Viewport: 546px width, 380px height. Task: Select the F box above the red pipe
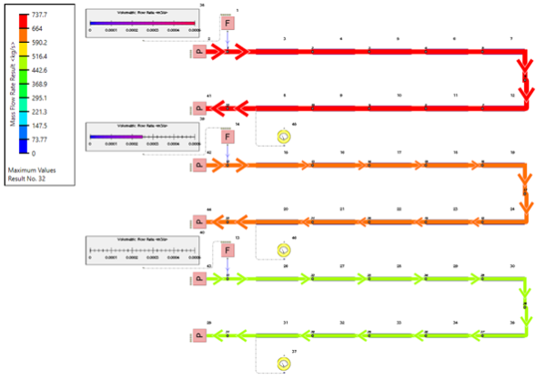[x=227, y=22]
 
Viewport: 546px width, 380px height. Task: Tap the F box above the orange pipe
[x=227, y=137]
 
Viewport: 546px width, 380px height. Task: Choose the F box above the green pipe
[x=227, y=250]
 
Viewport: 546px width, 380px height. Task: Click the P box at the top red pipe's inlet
[x=199, y=54]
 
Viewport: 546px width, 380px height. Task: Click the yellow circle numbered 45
[x=283, y=136]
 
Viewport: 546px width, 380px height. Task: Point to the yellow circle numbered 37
[x=283, y=364]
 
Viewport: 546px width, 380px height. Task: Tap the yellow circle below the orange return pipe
[x=283, y=250]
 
